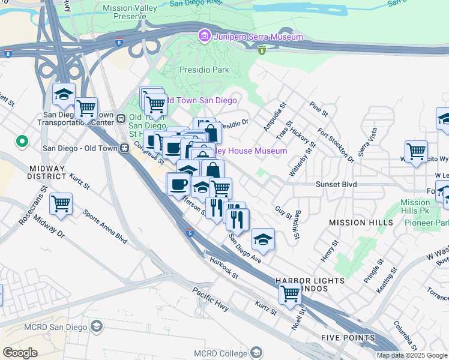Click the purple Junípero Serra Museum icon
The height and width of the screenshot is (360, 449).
[x=205, y=37]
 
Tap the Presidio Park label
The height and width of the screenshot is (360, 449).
[x=205, y=70]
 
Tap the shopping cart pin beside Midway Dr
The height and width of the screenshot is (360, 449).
[x=61, y=204]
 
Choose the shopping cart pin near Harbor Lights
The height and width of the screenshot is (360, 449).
[x=291, y=294]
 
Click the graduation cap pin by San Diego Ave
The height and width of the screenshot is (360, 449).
[x=263, y=240]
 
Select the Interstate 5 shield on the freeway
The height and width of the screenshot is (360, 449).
[x=189, y=232]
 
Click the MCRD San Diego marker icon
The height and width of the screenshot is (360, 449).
[x=96, y=326]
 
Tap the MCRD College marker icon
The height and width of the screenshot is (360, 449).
[x=256, y=352]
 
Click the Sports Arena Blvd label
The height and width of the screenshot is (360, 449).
[x=105, y=227]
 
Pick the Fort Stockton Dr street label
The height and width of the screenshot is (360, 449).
[x=336, y=145]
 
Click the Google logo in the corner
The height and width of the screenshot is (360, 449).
[x=20, y=352]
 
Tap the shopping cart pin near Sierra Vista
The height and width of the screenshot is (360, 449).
[x=416, y=151]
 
